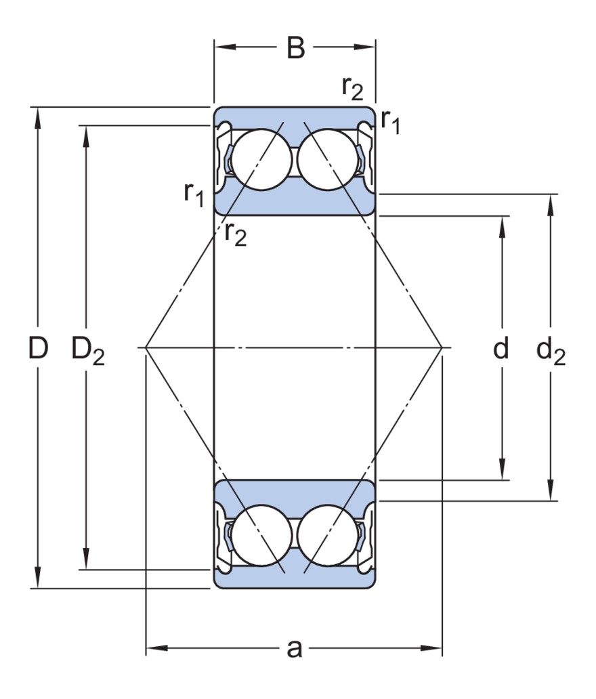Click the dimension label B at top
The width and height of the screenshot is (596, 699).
tap(295, 48)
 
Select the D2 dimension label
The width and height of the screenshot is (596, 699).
tap(88, 351)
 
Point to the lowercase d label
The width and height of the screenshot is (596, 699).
tap(501, 349)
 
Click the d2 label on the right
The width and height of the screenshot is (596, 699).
tap(550, 351)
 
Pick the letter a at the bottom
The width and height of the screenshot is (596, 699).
tap(294, 648)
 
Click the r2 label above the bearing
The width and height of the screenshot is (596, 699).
tap(352, 87)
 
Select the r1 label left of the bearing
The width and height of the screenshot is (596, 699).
tap(194, 194)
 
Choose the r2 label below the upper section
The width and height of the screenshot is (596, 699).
tap(236, 234)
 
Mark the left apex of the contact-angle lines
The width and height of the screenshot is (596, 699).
tap(146, 347)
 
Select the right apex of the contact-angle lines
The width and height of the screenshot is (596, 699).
tap(442, 347)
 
